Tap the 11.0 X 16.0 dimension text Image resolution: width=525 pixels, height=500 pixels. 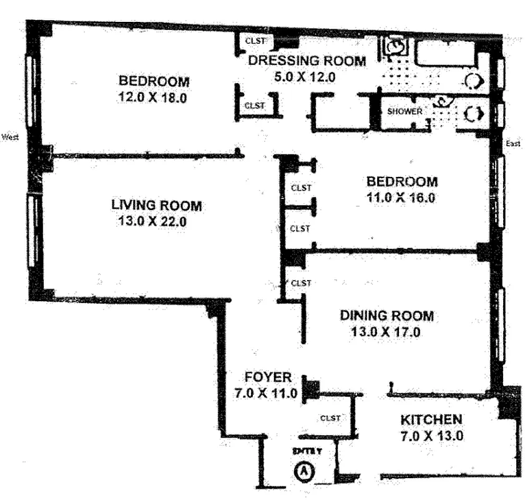[x=402, y=198]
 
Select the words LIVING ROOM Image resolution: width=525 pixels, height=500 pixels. [x=157, y=205]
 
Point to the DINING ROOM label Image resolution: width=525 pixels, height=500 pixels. [x=386, y=316]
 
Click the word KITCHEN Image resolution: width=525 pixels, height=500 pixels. [x=431, y=419]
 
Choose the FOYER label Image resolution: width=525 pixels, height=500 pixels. [x=268, y=377]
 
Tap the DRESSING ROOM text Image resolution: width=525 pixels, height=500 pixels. [x=307, y=61]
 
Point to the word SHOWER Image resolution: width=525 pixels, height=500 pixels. [x=405, y=111]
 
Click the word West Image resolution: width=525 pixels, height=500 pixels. [x=11, y=136]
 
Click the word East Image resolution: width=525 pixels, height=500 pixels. [x=513, y=144]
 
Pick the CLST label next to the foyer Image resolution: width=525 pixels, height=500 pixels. [x=330, y=418]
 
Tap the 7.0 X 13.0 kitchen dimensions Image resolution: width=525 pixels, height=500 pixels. [x=431, y=436]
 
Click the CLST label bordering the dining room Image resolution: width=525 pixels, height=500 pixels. [x=302, y=283]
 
